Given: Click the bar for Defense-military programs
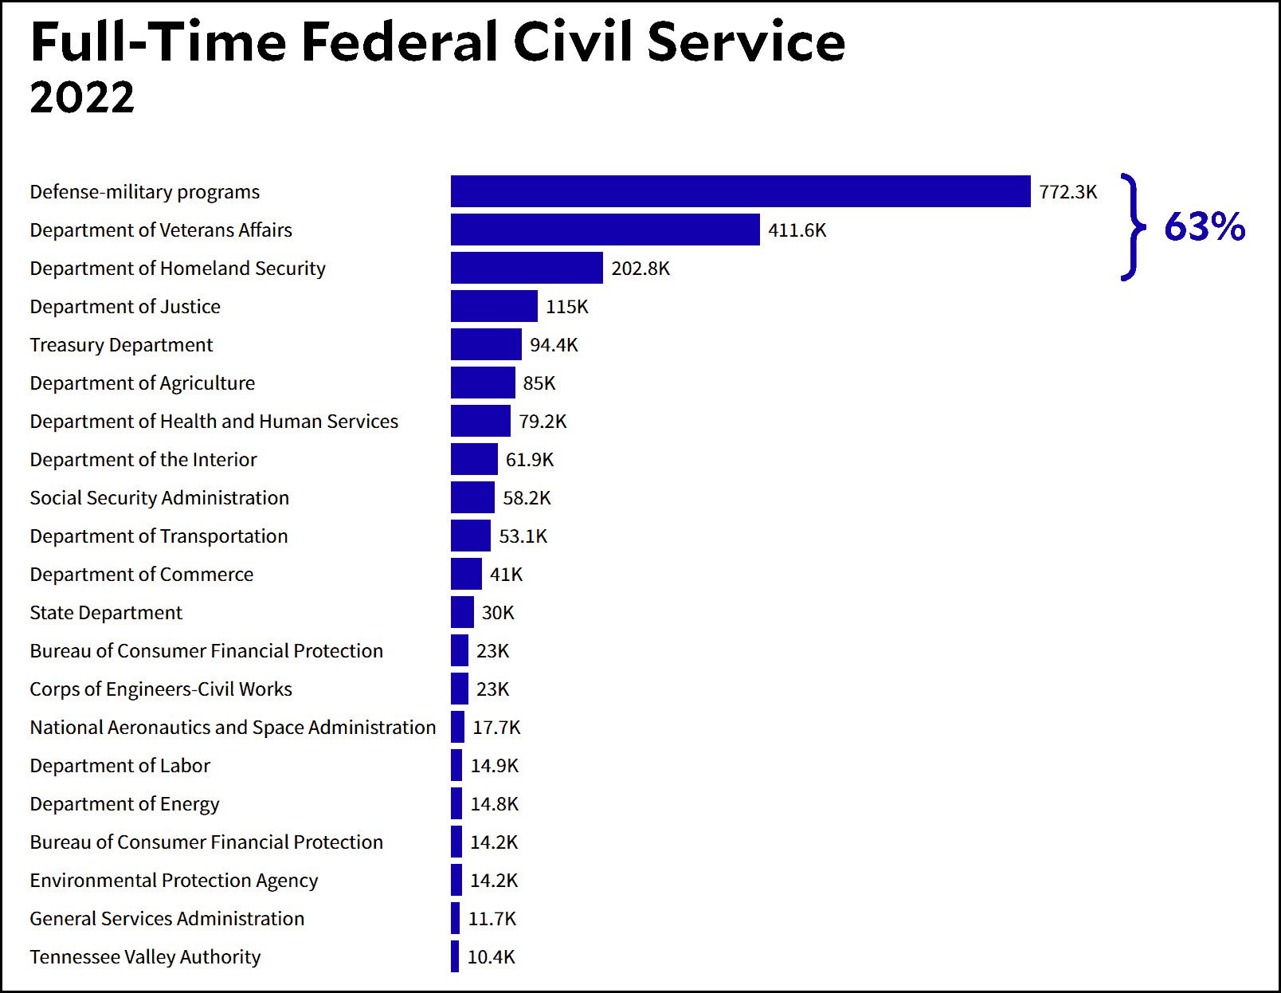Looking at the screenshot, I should (x=740, y=191).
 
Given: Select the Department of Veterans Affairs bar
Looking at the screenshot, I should (x=605, y=230).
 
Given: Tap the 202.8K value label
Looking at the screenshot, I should (x=640, y=269).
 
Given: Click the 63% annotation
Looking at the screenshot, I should (x=1204, y=227).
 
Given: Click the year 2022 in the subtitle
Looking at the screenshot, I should (x=82, y=97).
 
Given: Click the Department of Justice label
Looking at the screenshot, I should (x=125, y=307).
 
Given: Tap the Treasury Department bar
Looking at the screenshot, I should (x=486, y=344).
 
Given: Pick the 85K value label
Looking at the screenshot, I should (x=539, y=383).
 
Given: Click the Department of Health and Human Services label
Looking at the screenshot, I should (x=213, y=422).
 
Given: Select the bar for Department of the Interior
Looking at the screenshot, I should (x=474, y=459).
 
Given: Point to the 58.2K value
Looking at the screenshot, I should (x=527, y=498).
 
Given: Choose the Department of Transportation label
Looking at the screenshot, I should (x=159, y=536).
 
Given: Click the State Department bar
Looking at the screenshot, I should (x=462, y=612).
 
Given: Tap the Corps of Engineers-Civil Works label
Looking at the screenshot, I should (x=161, y=689).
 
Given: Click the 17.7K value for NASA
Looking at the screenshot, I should (x=496, y=728).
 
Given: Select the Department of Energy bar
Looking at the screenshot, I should (x=456, y=803).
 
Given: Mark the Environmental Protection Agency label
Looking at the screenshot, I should (x=174, y=881).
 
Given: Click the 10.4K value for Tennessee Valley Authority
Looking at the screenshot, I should (x=491, y=957).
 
